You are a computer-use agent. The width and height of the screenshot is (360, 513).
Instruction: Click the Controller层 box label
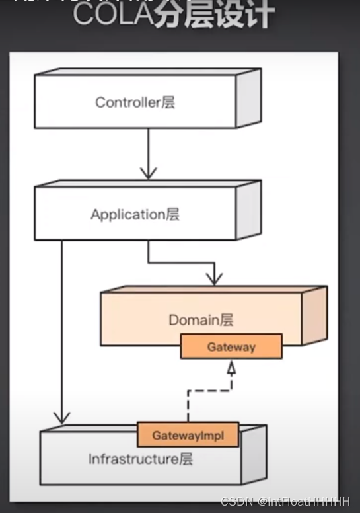pos(135,102)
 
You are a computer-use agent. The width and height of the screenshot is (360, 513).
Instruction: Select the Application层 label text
pos(135,214)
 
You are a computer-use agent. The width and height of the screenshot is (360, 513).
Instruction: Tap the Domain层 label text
pos(201,320)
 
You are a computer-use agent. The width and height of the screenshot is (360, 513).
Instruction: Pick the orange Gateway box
pos(231,346)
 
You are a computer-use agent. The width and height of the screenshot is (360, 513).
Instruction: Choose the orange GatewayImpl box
pos(188,436)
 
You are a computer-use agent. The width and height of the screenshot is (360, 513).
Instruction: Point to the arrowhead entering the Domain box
pos(213,278)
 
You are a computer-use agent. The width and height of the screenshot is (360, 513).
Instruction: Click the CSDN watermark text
pos(234,502)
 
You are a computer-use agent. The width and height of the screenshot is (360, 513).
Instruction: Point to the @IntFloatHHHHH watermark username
pos(304,502)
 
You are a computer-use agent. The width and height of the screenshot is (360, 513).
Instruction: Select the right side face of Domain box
pos(314,316)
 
